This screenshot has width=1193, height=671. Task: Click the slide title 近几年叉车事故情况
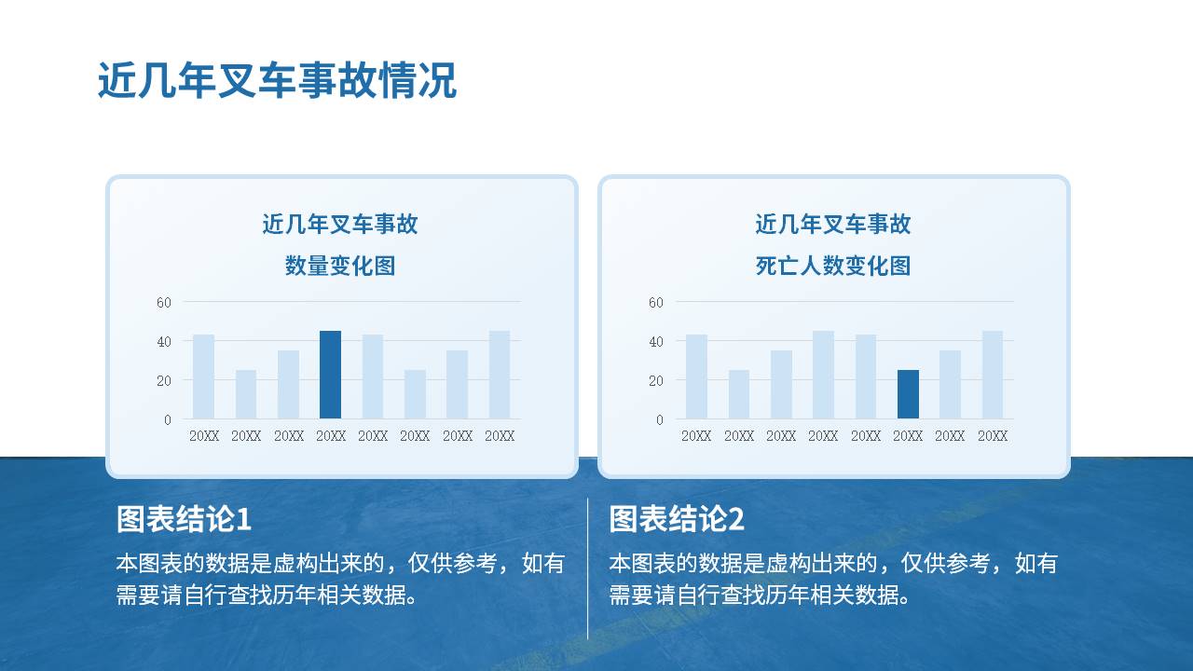coord(278,80)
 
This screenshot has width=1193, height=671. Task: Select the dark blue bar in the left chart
coord(330,375)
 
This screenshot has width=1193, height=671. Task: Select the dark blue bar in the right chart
coord(908,394)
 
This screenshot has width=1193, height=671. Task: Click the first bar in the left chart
coord(203,377)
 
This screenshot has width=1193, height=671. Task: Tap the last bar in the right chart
coord(993,375)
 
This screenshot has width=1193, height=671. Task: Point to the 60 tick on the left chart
coord(164,303)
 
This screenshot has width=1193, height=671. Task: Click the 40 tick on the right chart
coord(656,341)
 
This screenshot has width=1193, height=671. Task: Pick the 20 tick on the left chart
coord(164,381)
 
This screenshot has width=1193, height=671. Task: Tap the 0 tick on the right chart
coord(660,420)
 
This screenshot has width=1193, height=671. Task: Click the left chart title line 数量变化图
coord(340,266)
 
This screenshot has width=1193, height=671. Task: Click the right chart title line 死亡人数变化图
coord(833,266)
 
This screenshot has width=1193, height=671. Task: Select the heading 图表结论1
coord(184,519)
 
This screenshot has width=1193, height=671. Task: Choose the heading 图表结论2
coord(677,519)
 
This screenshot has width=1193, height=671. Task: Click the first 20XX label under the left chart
coord(204,435)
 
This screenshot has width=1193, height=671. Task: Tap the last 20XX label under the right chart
coord(993,435)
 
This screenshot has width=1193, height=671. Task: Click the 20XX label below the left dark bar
coord(331,435)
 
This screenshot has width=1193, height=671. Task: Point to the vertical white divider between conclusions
coord(587,568)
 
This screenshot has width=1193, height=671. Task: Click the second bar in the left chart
coord(246,394)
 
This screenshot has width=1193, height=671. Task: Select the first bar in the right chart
coord(696,377)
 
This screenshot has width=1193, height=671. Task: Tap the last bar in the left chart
coord(500,375)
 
